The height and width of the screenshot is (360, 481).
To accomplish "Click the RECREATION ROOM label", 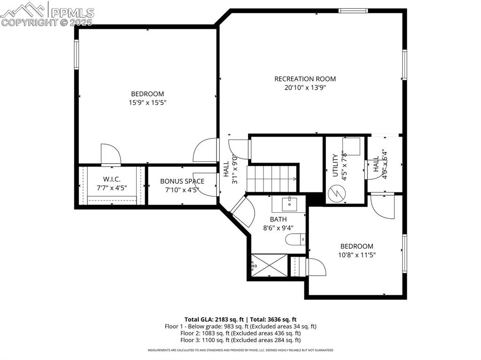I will [x=305, y=79].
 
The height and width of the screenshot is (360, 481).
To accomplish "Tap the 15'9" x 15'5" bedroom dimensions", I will [x=147, y=102].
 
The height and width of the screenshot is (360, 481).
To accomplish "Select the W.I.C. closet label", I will [x=112, y=179].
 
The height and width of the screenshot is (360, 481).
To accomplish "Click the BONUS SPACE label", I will [x=182, y=181].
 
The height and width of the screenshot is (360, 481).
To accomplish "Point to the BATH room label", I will [x=278, y=219].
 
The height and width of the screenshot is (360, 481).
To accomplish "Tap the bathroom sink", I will [x=289, y=204].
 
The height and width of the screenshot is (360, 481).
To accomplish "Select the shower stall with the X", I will [x=269, y=265].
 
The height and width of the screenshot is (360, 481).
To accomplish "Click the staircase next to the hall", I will [x=272, y=178].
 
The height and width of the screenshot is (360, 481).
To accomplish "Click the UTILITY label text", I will [x=335, y=165].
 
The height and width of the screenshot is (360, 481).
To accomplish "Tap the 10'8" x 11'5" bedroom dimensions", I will [x=357, y=255].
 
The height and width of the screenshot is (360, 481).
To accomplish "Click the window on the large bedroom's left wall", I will [x=76, y=54].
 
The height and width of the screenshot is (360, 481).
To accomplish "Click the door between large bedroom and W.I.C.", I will [x=111, y=155].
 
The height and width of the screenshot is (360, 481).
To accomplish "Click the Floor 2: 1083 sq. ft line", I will [x=240, y=333].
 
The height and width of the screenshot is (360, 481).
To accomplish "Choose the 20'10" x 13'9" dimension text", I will [x=305, y=87].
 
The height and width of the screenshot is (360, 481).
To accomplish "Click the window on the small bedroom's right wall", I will [x=404, y=253].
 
